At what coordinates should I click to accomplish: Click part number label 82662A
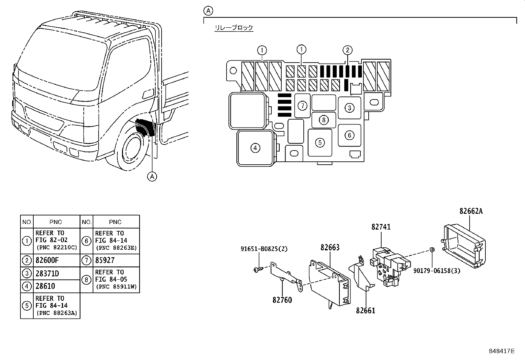pos(471,211)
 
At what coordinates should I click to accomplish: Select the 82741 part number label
pos(381,227)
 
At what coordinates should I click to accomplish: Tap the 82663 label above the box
pos(330,247)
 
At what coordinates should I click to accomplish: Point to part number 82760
pos(282,300)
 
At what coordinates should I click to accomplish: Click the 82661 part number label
pos(365,310)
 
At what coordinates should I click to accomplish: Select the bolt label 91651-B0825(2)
pos(264,249)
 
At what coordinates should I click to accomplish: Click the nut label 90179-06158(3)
pos(437,270)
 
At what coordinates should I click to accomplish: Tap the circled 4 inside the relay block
pos(255,148)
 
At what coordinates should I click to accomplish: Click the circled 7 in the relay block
pos(302,106)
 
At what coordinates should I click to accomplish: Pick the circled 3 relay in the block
pos(350,107)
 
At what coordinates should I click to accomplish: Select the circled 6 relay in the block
pos(350,135)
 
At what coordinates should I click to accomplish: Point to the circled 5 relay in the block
pos(320,143)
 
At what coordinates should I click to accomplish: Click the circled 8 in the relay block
pos(324,120)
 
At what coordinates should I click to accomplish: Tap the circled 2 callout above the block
pos(347,50)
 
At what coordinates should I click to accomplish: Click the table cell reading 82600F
pos(47,261)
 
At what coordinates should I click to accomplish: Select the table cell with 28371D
pos(47,273)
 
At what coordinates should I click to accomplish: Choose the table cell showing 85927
pos(105,261)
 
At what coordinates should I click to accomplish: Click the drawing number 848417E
pos(501,351)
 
